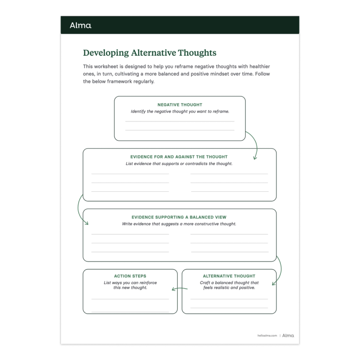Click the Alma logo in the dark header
click(80, 25)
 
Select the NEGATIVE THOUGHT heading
click(180, 105)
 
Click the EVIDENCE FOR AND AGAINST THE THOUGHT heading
click(179, 157)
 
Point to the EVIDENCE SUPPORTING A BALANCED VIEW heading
click(179, 217)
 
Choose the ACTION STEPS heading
click(130, 276)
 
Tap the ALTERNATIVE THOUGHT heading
click(229, 276)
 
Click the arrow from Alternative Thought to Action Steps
click(180, 289)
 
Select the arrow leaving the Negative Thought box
click(253, 146)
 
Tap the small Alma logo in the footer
click(288, 336)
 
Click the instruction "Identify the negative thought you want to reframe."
click(180, 112)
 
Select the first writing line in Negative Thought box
click(180, 121)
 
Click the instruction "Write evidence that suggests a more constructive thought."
click(179, 224)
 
